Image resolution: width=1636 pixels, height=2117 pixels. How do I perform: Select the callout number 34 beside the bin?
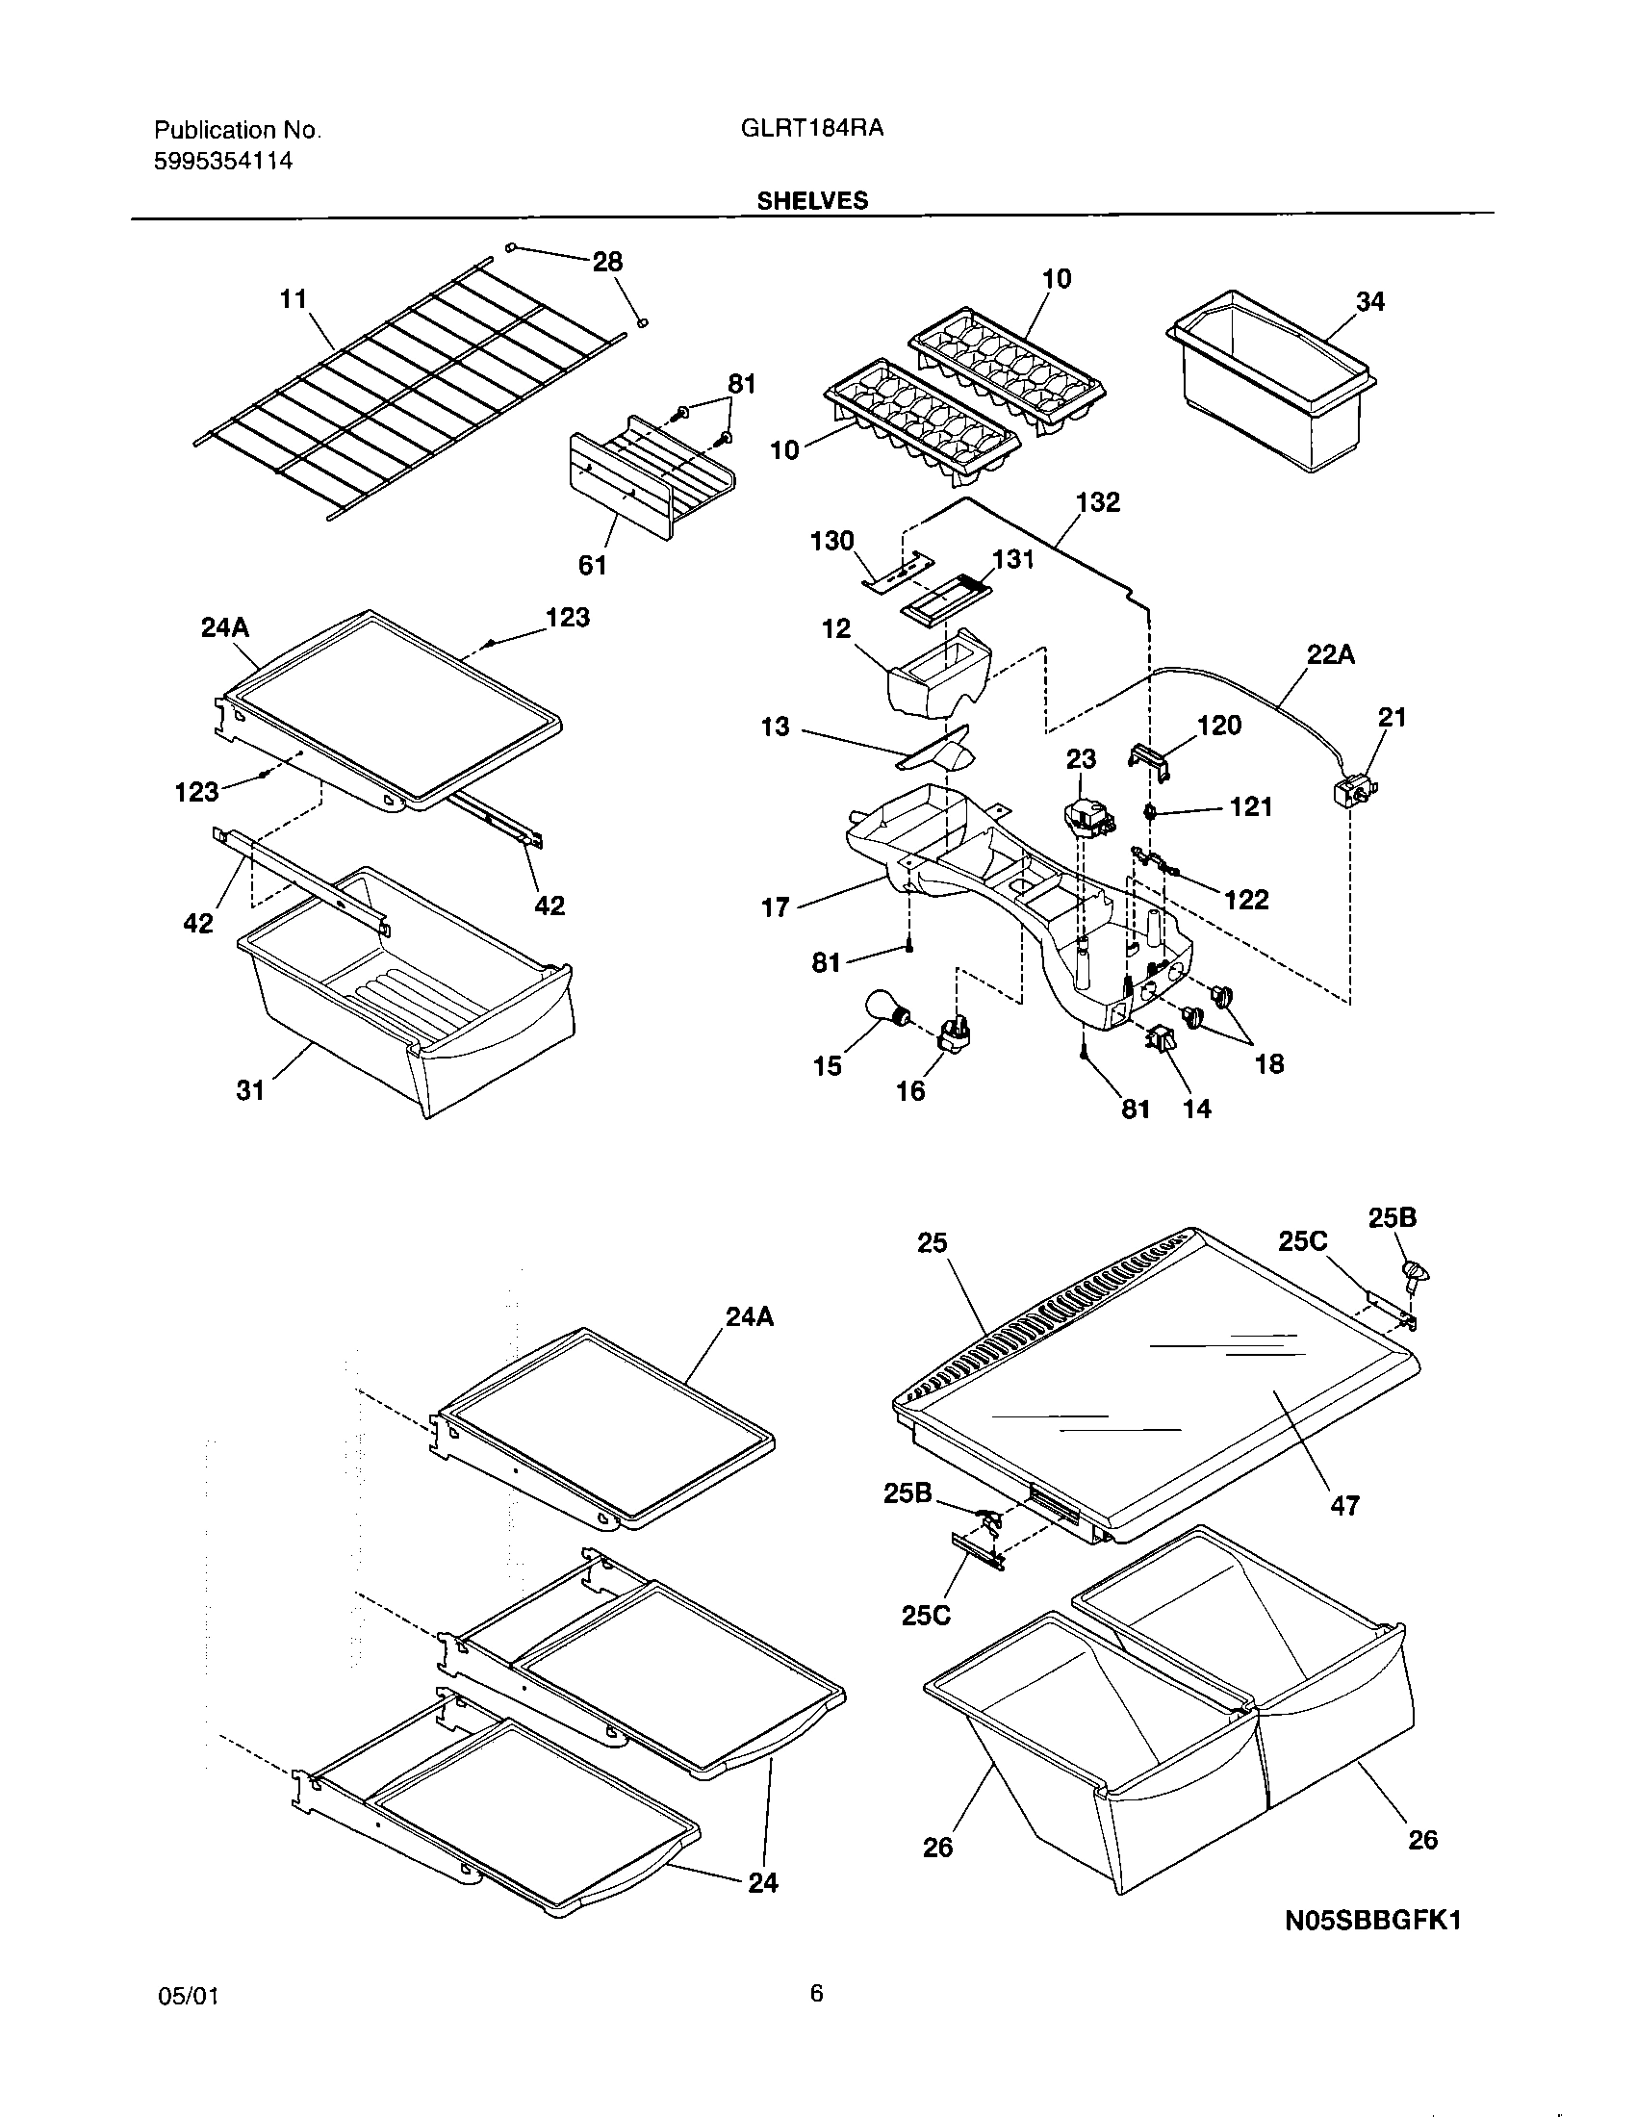click(1369, 302)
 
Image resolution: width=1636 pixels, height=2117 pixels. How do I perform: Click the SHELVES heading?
click(812, 201)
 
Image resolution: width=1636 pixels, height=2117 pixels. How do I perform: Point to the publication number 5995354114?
click(224, 162)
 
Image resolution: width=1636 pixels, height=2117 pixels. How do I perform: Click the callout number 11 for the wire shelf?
click(293, 299)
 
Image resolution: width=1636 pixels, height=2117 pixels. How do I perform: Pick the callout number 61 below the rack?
click(592, 565)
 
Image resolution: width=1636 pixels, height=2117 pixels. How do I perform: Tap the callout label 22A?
click(1330, 656)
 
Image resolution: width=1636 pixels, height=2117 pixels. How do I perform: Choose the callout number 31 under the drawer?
click(250, 1090)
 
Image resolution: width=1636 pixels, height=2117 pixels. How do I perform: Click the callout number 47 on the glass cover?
click(1344, 1505)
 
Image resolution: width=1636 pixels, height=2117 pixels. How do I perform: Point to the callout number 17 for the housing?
click(776, 908)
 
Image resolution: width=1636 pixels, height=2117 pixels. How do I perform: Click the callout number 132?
click(1098, 502)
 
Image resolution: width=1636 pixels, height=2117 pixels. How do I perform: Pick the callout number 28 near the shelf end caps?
click(607, 262)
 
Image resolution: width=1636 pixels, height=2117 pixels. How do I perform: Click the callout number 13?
click(776, 727)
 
